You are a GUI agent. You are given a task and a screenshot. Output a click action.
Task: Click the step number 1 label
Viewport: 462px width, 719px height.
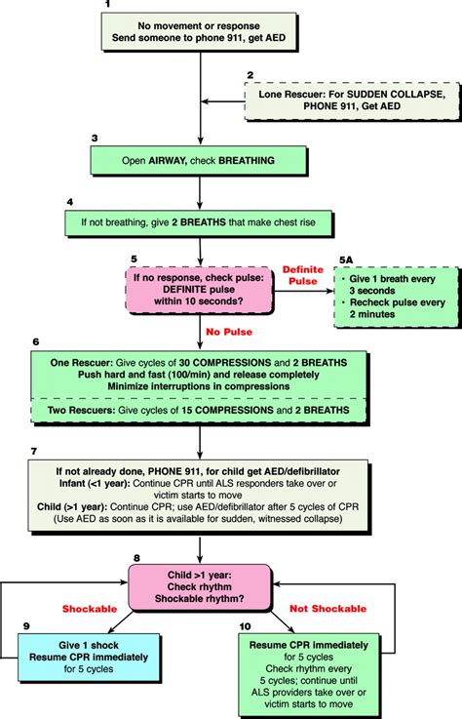point(106,6)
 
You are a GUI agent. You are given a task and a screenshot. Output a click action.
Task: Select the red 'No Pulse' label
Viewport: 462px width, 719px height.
point(230,333)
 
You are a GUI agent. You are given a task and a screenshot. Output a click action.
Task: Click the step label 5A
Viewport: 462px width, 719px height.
point(347,260)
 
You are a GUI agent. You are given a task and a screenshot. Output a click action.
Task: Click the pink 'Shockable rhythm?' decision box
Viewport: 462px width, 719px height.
point(199,585)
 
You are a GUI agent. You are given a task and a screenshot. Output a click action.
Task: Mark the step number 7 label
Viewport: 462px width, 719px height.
point(35,452)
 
